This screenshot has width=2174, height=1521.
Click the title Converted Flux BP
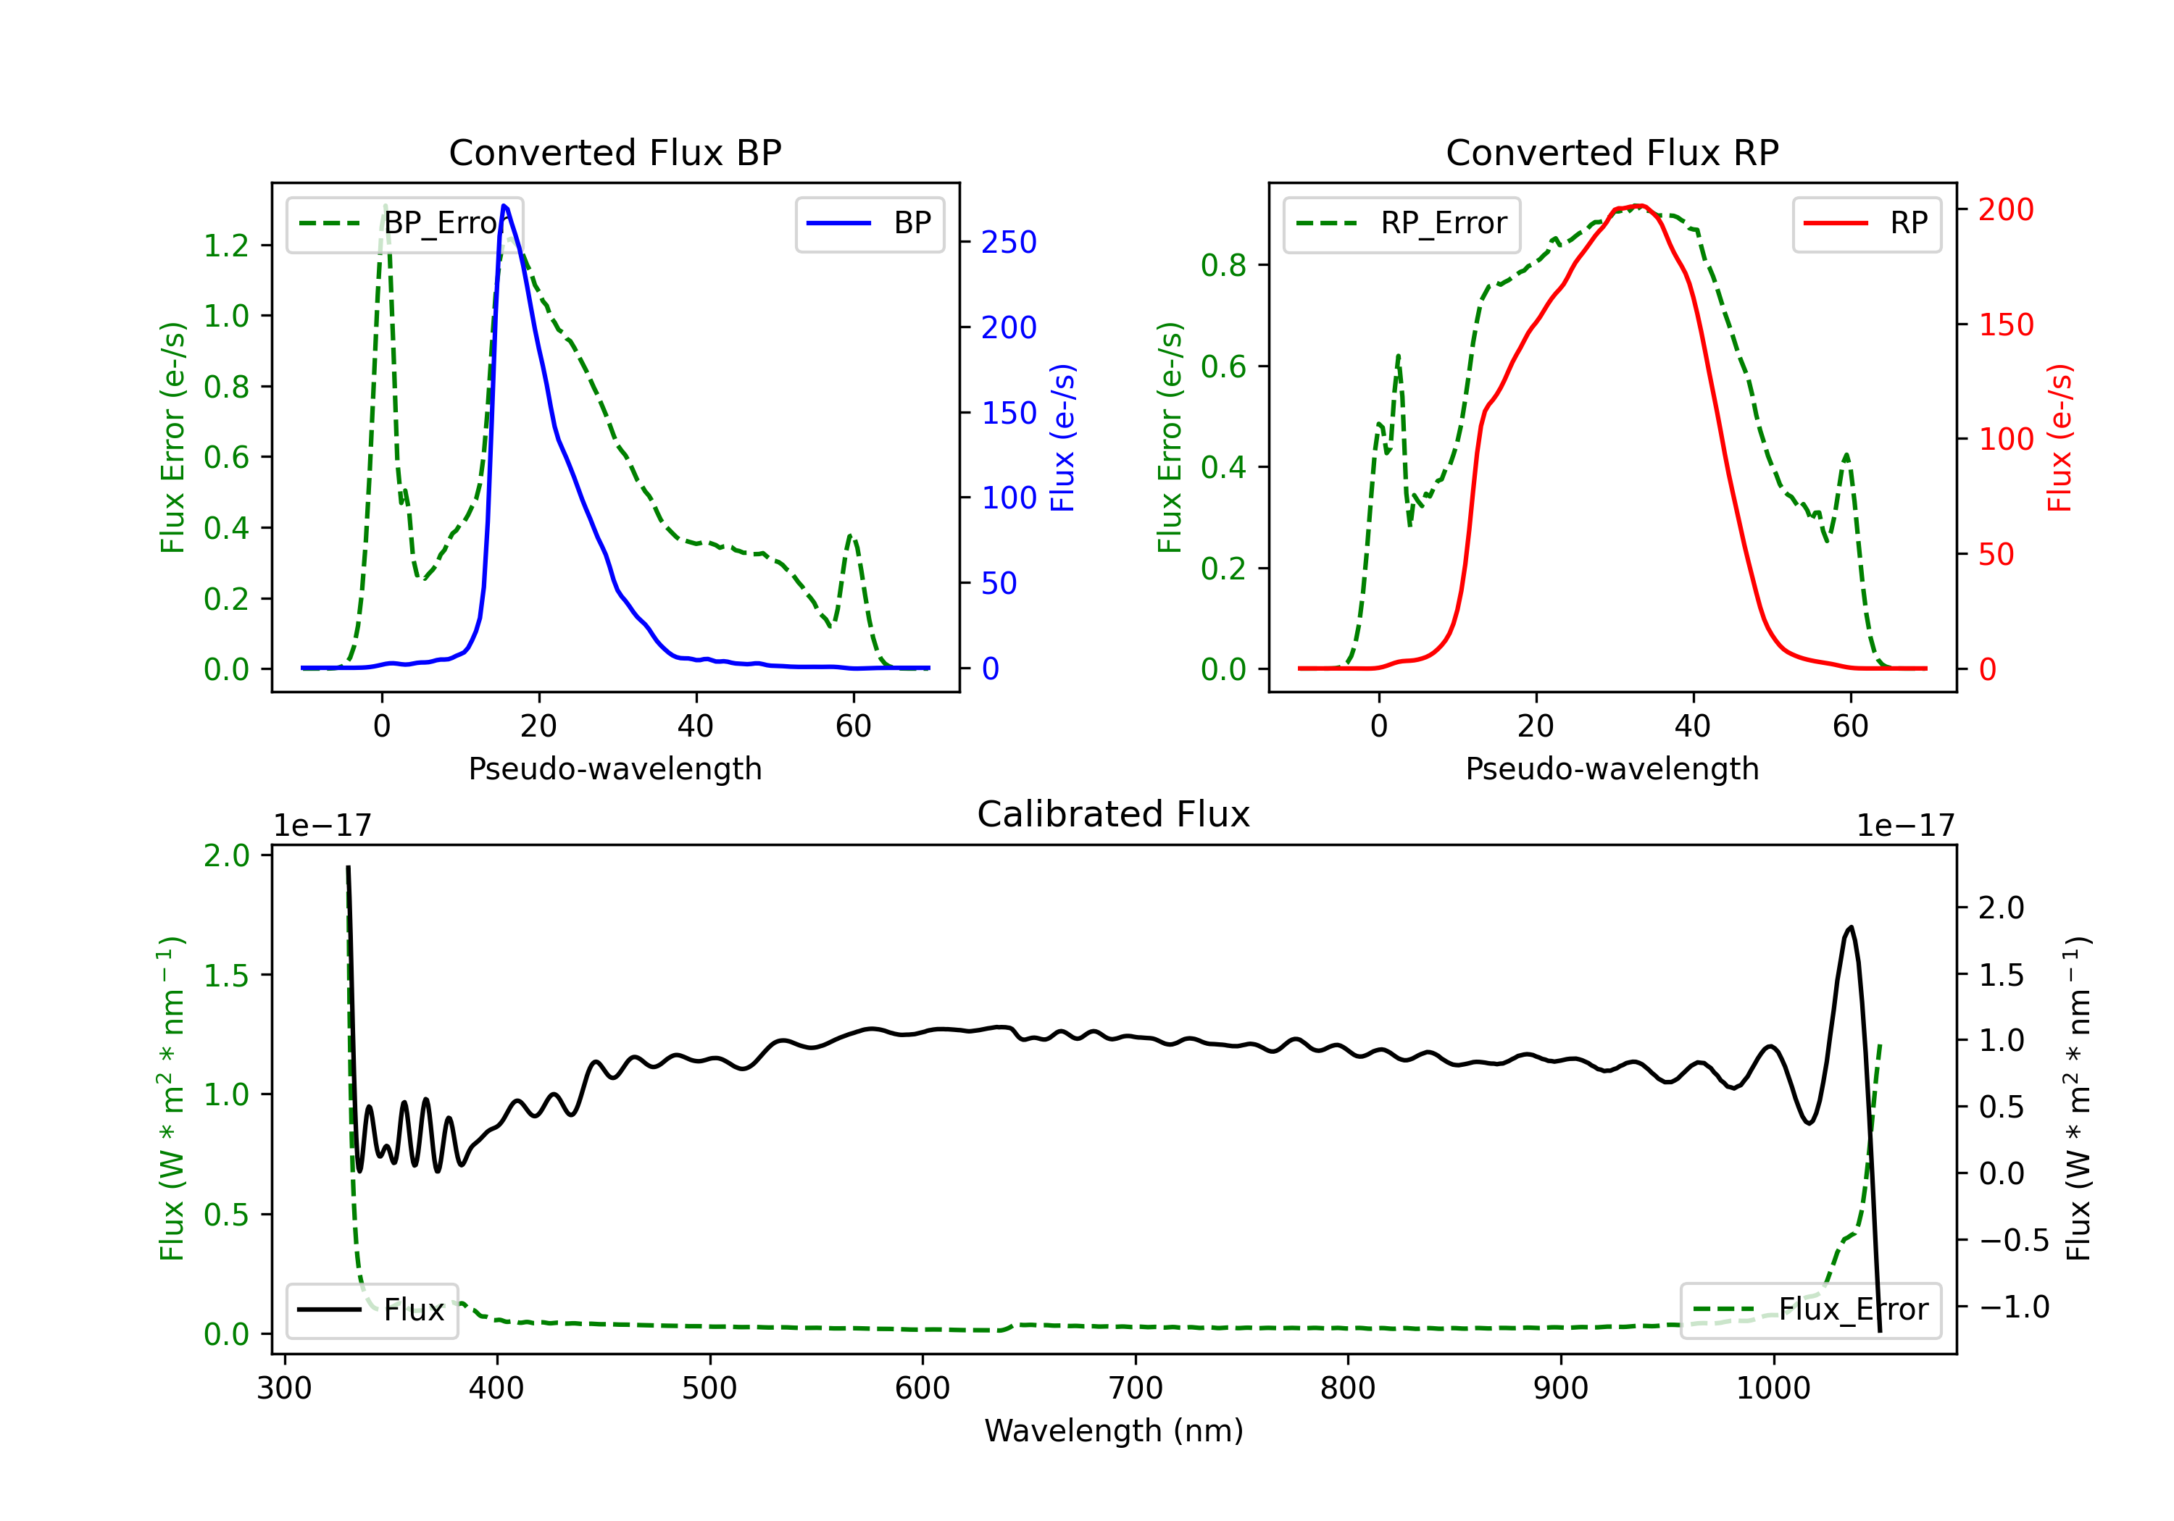click(615, 152)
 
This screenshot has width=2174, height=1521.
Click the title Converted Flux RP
click(1612, 152)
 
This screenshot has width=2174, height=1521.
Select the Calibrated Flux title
click(1114, 814)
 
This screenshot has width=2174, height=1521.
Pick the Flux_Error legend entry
click(1810, 1310)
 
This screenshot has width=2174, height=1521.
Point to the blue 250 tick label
click(1009, 243)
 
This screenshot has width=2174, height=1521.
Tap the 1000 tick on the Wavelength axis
click(1773, 1388)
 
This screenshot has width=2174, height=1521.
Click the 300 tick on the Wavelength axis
click(284, 1388)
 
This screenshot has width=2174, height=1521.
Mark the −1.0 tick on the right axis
click(2014, 1307)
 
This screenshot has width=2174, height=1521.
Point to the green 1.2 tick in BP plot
click(226, 246)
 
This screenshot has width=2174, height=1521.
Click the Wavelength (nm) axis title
click(1114, 1430)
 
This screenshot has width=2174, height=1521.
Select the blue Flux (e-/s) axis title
click(1063, 437)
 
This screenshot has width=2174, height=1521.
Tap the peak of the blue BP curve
click(504, 206)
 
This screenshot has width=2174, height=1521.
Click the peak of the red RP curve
click(1640, 206)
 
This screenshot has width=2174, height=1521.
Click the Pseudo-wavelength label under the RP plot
click(1612, 768)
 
